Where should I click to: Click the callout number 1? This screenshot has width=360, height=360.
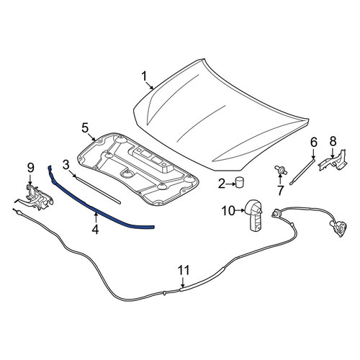[144, 77]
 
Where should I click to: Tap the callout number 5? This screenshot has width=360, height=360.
[85, 128]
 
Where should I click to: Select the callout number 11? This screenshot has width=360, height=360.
[184, 270]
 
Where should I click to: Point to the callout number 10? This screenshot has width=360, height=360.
[228, 211]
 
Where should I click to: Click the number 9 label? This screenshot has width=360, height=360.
[31, 168]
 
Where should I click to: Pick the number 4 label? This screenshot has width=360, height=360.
[95, 229]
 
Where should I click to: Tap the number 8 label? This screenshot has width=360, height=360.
[333, 142]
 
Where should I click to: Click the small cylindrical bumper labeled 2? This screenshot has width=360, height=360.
[239, 181]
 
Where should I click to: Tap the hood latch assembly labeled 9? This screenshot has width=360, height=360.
[36, 197]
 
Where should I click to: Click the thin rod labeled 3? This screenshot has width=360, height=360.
[97, 189]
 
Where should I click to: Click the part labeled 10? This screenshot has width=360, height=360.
[254, 215]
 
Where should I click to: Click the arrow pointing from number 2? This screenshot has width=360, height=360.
[230, 184]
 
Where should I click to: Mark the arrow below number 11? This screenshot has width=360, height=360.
[183, 282]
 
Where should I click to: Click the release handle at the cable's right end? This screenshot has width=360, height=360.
[338, 227]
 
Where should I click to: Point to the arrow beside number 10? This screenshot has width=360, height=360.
[240, 210]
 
